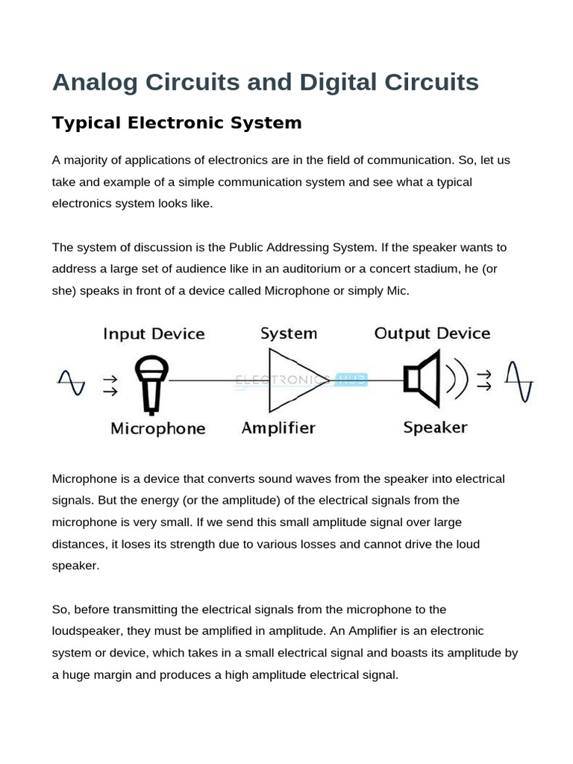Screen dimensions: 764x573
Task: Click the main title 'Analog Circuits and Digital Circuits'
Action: tap(265, 82)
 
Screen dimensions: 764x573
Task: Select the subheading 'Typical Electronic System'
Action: tap(177, 123)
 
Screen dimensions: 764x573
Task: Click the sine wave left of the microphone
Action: tap(72, 382)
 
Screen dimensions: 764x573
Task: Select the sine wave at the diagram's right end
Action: tap(519, 381)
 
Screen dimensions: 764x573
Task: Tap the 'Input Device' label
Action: tap(154, 334)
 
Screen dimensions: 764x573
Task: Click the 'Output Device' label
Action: tap(432, 334)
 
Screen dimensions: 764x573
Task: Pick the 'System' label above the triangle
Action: tap(288, 334)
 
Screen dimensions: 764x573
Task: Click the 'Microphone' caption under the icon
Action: tap(157, 428)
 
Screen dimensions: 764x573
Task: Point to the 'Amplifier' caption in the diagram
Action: tap(278, 428)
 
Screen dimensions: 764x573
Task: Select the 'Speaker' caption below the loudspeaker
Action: tap(435, 428)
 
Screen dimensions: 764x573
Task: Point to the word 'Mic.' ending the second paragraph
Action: tap(397, 290)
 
